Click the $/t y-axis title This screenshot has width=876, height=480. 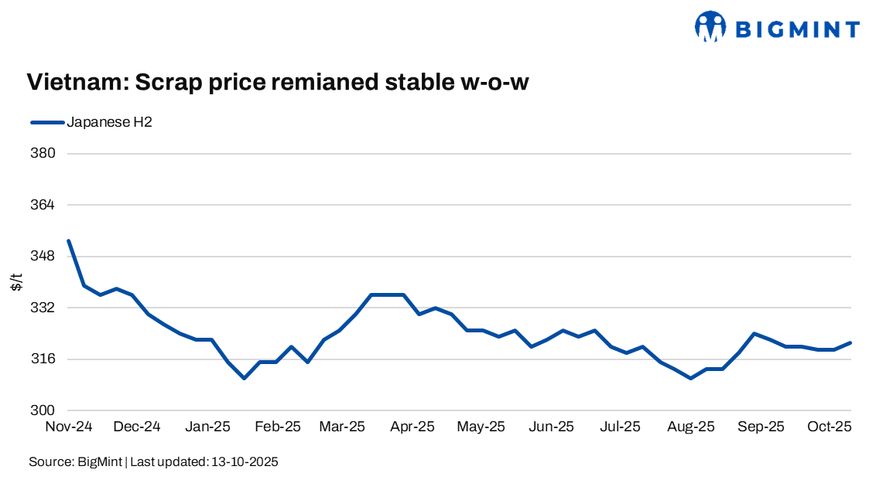pyautogui.click(x=16, y=282)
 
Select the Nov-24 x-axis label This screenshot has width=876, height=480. pyautogui.click(x=69, y=427)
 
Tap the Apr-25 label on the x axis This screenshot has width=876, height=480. pyautogui.click(x=412, y=427)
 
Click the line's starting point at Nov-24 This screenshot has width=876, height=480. pyautogui.click(x=69, y=240)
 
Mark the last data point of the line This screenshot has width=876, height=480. pyautogui.click(x=850, y=342)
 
